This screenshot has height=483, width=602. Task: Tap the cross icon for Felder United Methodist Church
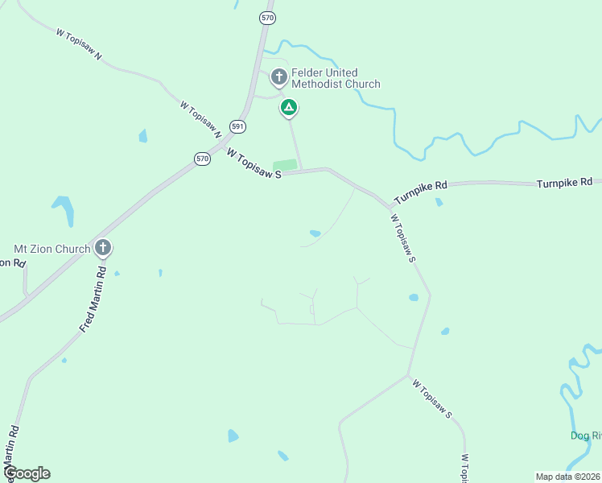coord(278,77)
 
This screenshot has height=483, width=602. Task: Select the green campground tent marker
coord(288,107)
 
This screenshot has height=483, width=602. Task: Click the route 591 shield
coord(237,126)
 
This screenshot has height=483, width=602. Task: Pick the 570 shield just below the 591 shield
coord(202,159)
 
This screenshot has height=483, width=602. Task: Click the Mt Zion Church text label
coord(52,249)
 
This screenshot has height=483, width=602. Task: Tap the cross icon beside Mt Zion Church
coord(102,248)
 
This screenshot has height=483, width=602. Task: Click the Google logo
coord(27,473)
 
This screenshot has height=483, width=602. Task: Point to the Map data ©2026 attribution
coord(567,477)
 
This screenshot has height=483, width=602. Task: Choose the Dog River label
coord(586,436)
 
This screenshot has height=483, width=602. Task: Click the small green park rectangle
coord(285,165)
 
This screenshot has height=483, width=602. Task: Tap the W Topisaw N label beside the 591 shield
coord(200,117)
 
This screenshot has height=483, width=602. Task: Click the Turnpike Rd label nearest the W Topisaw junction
coord(420,191)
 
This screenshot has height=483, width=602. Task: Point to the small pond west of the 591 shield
coord(143,135)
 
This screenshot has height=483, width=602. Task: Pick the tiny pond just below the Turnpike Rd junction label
coord(439,202)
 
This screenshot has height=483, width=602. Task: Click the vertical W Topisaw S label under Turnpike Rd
coord(402,237)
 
